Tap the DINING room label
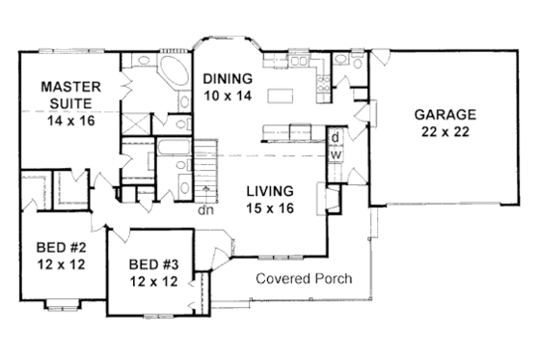pos(228,78)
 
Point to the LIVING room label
pos(269,190)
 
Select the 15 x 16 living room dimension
pos(269,207)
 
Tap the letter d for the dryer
pos(335,137)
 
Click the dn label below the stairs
pos(203,208)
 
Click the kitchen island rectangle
pos(281,96)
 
